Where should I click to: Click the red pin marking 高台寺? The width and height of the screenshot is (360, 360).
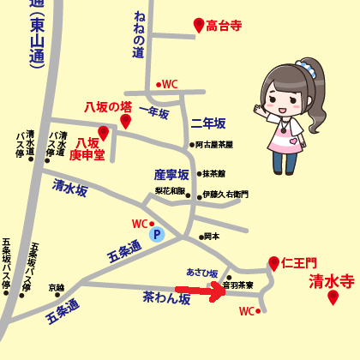(x=199, y=25)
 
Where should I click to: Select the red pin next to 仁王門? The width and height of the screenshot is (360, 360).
(x=273, y=263)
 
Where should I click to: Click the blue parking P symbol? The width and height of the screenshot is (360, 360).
(x=156, y=233)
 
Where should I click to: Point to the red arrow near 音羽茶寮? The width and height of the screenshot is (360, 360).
(x=199, y=291)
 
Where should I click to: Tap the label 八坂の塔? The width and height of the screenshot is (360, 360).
(x=106, y=106)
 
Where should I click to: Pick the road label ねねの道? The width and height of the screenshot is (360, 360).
(x=140, y=34)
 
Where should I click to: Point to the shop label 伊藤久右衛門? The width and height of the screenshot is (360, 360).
(x=225, y=195)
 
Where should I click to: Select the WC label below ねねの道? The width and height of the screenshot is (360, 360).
(x=169, y=84)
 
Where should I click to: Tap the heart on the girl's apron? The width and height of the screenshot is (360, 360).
(x=293, y=141)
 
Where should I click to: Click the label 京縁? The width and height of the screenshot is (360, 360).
(x=57, y=288)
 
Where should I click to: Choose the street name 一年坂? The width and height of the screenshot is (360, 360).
(x=154, y=112)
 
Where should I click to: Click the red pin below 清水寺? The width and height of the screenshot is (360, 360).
(x=333, y=297)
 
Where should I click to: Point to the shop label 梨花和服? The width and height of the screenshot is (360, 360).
(x=170, y=191)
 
